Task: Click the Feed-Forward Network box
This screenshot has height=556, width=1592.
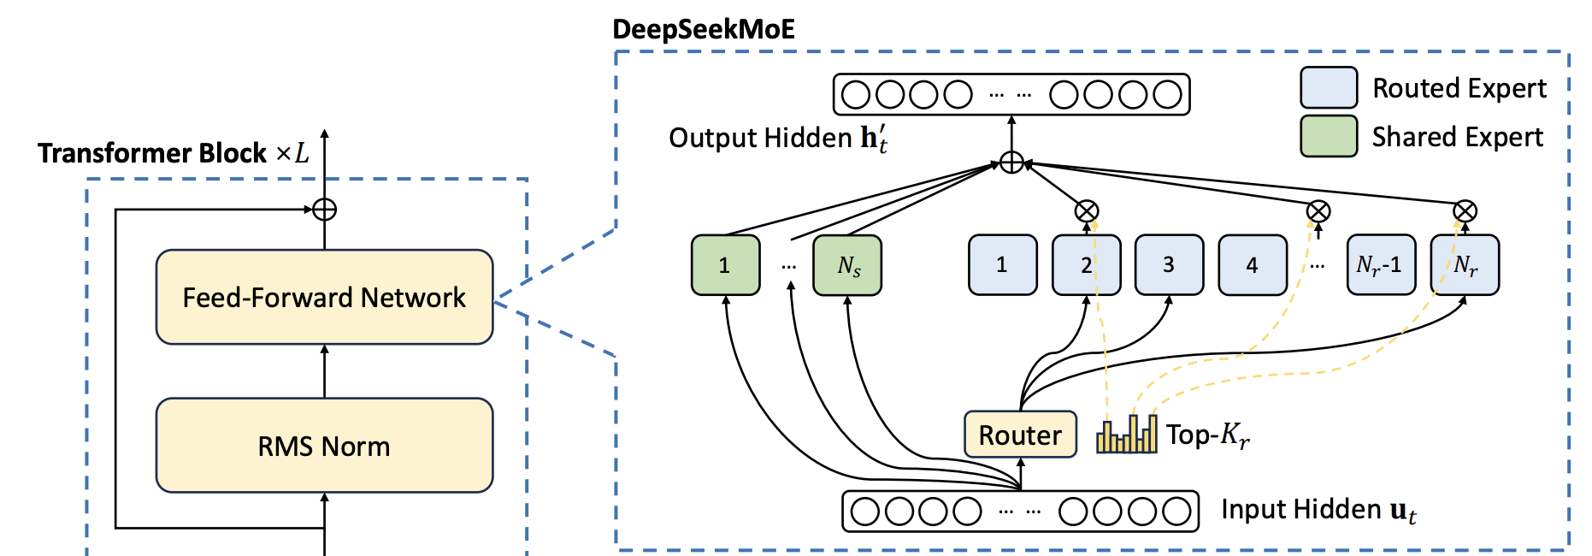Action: click(x=324, y=297)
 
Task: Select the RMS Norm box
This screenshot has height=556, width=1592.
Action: click(x=324, y=446)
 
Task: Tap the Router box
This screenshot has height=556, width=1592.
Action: click(x=1020, y=435)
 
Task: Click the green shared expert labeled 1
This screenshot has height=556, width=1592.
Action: click(x=725, y=265)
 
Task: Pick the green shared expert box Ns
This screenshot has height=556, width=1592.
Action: click(x=847, y=265)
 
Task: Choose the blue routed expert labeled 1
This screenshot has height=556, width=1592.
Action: click(x=1002, y=265)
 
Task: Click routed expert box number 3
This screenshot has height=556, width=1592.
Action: click(x=1169, y=265)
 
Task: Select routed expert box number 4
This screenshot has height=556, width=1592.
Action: click(x=1253, y=265)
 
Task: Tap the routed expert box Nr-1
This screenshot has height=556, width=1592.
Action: click(x=1381, y=265)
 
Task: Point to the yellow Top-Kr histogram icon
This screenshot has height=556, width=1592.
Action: click(x=1127, y=434)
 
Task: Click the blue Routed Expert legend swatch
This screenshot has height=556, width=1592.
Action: click(x=1329, y=88)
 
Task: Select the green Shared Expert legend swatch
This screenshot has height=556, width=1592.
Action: click(x=1329, y=137)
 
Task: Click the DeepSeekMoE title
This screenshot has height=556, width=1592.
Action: click(x=704, y=29)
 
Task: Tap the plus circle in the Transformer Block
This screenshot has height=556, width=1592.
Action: click(x=325, y=209)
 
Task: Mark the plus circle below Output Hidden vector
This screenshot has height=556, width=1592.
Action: click(x=1011, y=163)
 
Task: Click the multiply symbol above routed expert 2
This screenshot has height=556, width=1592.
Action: click(x=1087, y=211)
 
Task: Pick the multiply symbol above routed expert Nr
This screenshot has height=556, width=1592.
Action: click(x=1465, y=211)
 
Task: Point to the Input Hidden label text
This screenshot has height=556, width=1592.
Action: click(x=1318, y=510)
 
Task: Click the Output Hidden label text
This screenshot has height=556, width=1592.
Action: click(x=777, y=139)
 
